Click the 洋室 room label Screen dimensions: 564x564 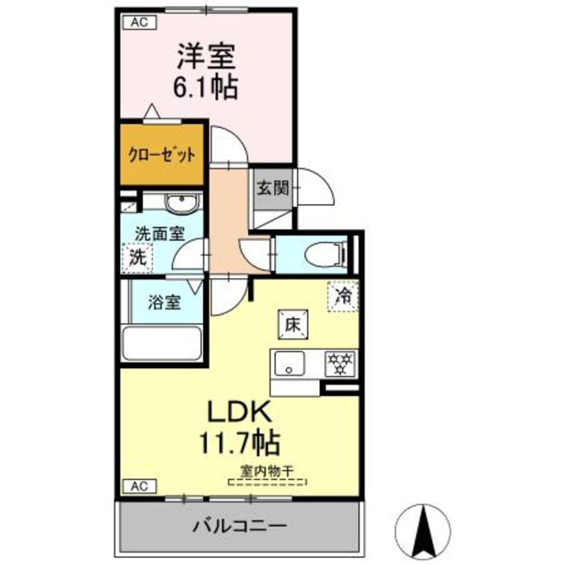pos(206,57)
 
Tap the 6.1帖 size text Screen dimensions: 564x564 pos(206,88)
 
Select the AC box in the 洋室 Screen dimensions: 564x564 pos(139,23)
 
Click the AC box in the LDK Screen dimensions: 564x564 pos(139,486)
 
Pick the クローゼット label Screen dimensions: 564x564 pos(162,155)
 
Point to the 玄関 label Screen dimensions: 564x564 pos(273,188)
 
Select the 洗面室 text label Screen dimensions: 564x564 pos(160,234)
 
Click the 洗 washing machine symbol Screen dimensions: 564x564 pos(137,257)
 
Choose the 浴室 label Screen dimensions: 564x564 pos(165,302)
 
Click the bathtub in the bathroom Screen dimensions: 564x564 pos(163,343)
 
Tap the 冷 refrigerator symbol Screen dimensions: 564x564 pos(343,294)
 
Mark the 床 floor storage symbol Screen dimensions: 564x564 pos(292,325)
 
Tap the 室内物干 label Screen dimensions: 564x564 pos(267,471)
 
